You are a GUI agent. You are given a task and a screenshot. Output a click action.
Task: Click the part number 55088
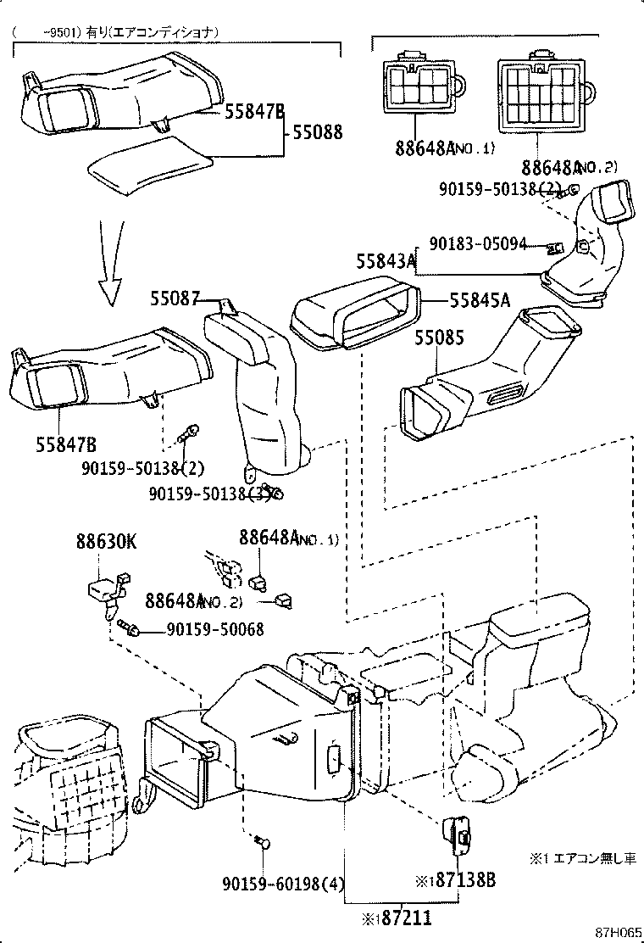[x=318, y=132]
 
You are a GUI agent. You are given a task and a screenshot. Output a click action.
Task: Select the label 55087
[x=175, y=299]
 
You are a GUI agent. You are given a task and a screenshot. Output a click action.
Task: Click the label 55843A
[x=386, y=263]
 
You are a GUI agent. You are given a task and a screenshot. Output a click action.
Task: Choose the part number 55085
[x=439, y=338]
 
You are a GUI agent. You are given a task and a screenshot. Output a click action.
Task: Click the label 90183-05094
[x=478, y=243]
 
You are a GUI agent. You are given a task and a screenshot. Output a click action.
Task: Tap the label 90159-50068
[x=214, y=629]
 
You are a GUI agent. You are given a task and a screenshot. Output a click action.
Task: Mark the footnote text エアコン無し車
[x=594, y=859]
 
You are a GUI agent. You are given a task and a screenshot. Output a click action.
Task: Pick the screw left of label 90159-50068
[x=130, y=628]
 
